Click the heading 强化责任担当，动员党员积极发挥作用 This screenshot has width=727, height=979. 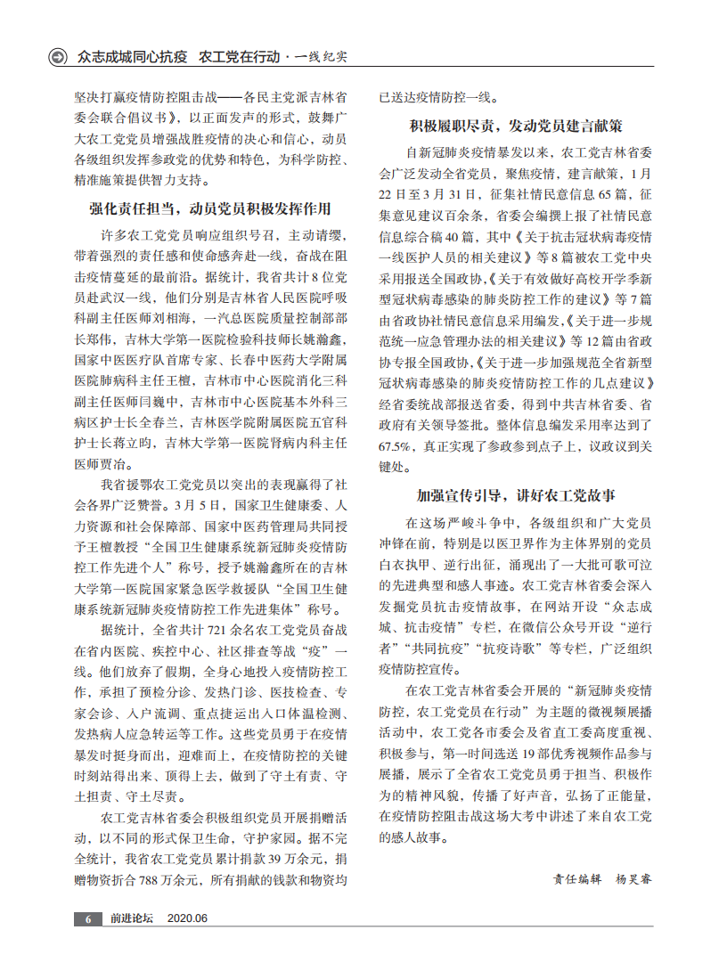(210, 209)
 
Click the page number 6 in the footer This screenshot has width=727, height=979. (87, 918)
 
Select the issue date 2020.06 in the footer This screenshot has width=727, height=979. (187, 918)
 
